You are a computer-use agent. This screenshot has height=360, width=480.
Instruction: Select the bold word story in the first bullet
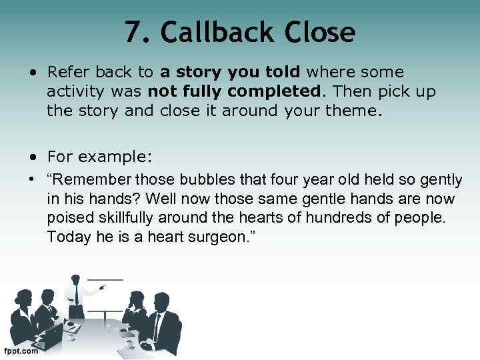200,72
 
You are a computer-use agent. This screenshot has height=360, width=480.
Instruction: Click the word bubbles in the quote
199,180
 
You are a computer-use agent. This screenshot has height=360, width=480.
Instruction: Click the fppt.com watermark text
21,351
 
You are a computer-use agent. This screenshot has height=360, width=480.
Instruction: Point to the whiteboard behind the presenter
107,293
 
